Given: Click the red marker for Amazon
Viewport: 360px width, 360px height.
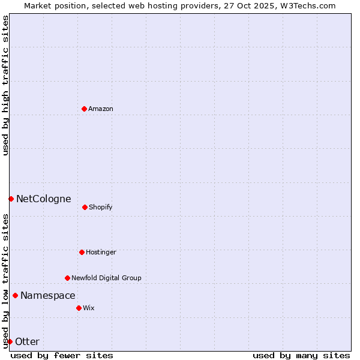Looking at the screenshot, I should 84,109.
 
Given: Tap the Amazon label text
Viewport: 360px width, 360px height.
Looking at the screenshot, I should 100,109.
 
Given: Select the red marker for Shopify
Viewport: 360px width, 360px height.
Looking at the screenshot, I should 85,207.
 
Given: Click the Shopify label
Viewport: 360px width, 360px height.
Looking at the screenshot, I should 100,207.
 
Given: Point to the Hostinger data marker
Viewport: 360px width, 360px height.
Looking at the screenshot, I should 82,252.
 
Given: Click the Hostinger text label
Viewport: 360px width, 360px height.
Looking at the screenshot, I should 101,252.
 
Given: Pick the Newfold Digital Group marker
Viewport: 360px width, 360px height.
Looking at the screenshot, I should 67,278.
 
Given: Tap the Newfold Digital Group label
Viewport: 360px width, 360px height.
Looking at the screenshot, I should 106,278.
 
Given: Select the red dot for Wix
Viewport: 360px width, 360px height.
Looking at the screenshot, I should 79,308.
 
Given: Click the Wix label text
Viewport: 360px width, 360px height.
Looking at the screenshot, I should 88,308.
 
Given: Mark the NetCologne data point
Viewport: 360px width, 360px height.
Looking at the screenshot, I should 11,199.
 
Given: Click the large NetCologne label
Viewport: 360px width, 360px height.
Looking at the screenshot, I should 43,199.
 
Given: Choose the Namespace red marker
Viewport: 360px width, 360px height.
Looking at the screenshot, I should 15,295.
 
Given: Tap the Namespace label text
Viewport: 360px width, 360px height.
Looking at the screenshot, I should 48,295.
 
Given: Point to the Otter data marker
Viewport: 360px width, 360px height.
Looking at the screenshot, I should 10,341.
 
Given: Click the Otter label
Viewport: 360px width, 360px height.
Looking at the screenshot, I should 27,341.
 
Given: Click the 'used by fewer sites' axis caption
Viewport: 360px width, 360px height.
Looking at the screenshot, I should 62,355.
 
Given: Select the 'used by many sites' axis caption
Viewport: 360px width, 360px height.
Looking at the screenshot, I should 301,355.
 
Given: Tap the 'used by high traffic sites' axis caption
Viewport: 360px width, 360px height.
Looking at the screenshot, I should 5,85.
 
